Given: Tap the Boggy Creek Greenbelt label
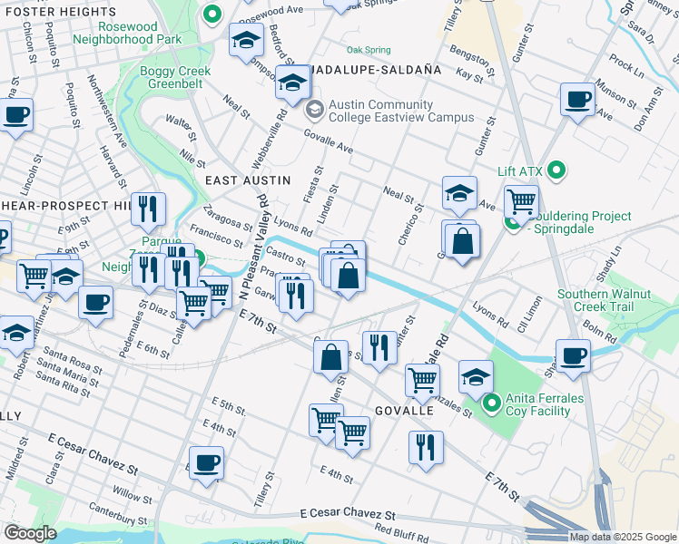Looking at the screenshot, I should (x=175, y=78).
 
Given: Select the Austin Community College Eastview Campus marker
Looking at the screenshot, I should (x=315, y=111).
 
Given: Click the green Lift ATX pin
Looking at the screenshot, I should (x=559, y=170).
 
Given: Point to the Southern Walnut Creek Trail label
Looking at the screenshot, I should (x=605, y=301).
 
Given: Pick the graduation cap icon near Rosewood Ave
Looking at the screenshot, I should (x=245, y=41).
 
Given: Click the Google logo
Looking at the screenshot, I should (x=30, y=533).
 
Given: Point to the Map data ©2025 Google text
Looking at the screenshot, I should (x=621, y=537).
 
